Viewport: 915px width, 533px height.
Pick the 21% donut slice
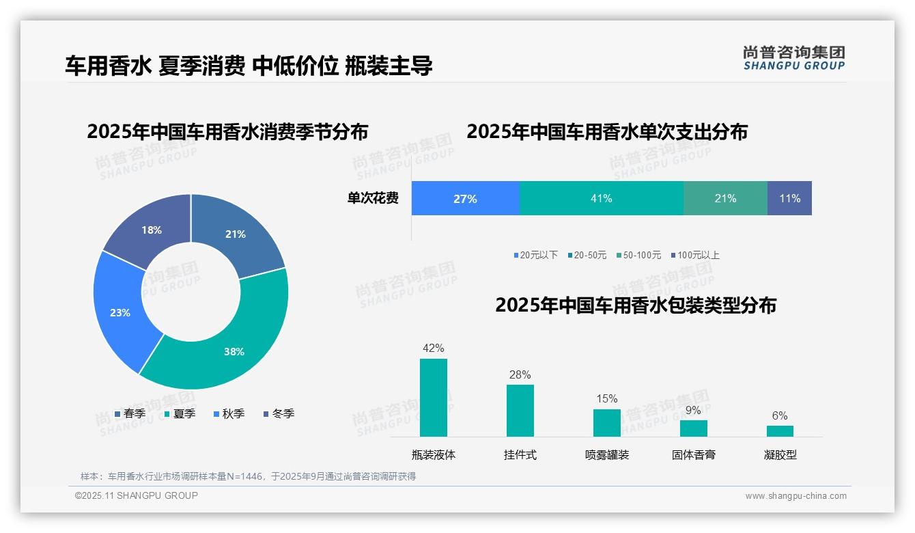point(236,234)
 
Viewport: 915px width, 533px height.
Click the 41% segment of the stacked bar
point(601,198)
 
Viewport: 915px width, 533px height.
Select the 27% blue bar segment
point(465,198)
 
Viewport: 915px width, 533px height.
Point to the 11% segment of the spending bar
point(789,198)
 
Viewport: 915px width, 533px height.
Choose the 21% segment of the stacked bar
point(725,198)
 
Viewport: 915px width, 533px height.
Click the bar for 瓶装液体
point(433,398)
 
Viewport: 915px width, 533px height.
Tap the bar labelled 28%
point(520,410)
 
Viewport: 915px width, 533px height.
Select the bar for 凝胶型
point(780,430)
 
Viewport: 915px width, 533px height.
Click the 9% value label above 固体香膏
point(693,410)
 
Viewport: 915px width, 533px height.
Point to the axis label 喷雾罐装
point(607,454)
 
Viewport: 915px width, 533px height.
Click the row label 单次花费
point(373,198)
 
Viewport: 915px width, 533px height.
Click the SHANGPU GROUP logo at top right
point(793,58)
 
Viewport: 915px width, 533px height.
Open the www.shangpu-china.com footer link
point(796,496)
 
